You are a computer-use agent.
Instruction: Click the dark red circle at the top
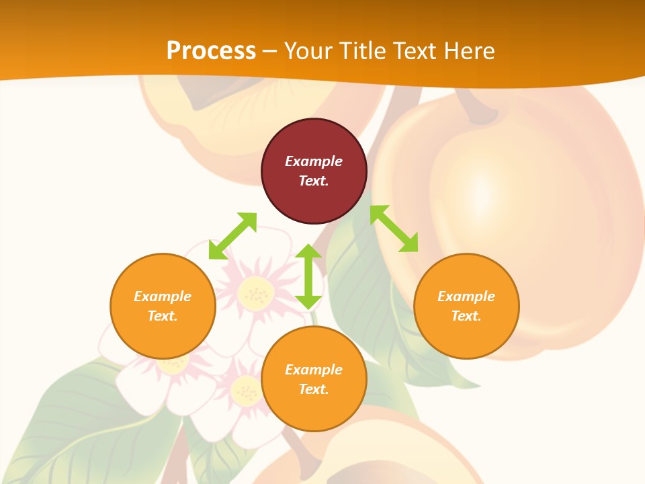click(314, 171)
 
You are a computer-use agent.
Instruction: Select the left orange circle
click(163, 306)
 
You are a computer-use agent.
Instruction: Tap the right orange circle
click(466, 306)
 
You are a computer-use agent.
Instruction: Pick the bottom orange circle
click(314, 379)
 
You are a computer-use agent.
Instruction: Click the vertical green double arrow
click(308, 276)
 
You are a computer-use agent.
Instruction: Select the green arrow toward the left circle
click(232, 236)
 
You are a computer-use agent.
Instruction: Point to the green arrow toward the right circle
click(394, 229)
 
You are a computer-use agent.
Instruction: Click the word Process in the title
click(211, 51)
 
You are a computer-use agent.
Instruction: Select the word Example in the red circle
click(314, 161)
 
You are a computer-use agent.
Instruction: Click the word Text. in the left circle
click(163, 316)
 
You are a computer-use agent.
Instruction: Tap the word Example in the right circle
click(466, 296)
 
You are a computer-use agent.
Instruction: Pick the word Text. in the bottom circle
click(314, 389)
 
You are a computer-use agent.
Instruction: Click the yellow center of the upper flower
click(255, 292)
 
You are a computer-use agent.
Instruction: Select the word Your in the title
click(309, 51)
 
